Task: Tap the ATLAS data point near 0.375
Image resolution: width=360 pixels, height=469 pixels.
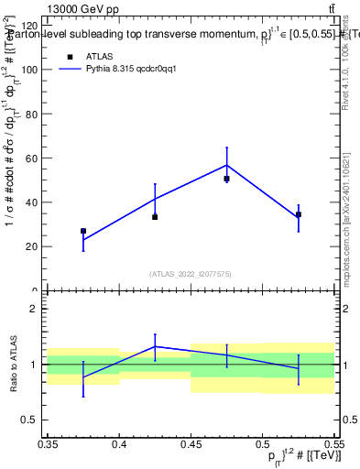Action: point(83,232)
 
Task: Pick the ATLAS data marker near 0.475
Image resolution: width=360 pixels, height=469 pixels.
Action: point(226,179)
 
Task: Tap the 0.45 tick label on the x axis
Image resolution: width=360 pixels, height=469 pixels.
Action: point(191,443)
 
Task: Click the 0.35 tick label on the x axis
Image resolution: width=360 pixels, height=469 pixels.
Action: point(48,443)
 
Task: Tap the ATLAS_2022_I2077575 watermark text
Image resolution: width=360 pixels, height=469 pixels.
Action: point(191,273)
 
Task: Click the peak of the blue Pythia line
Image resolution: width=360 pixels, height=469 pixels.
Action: point(226,165)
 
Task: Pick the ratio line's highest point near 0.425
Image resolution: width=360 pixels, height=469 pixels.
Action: point(155,346)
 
